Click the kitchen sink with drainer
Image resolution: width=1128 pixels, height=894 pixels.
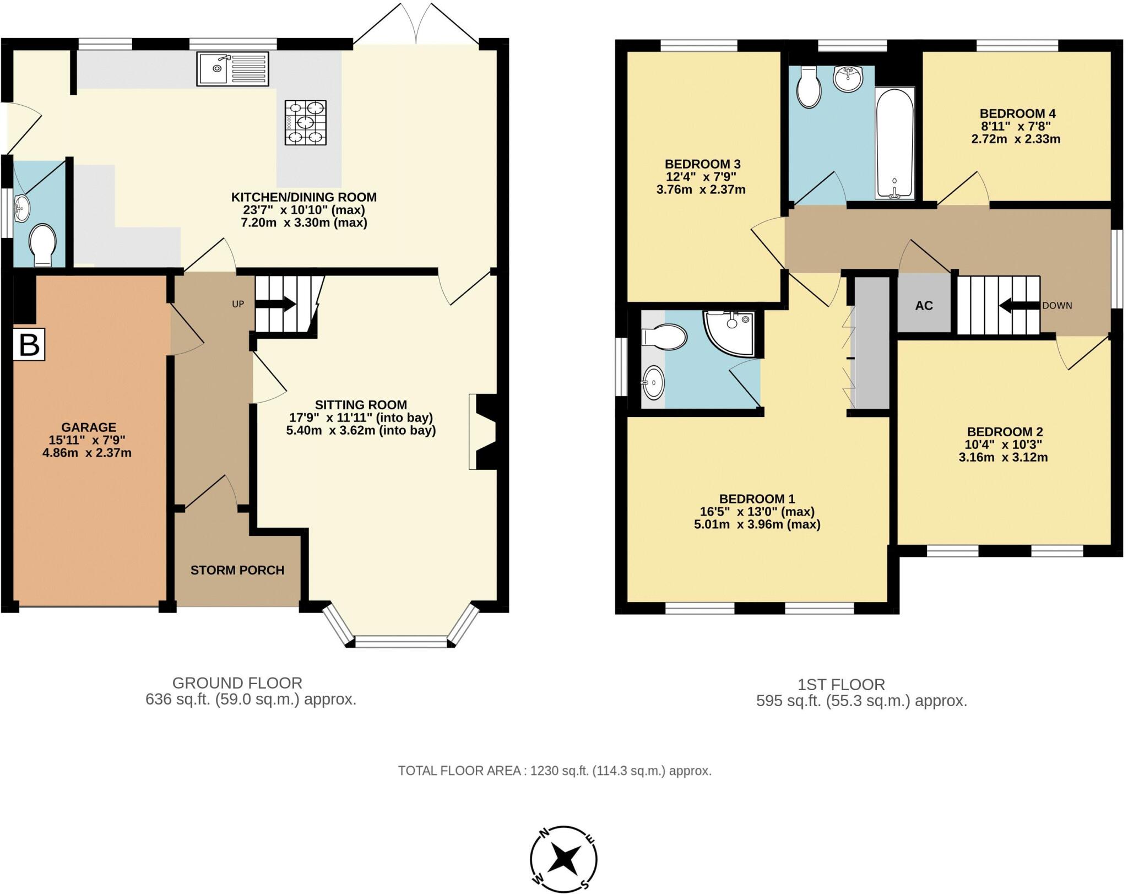click(232, 69)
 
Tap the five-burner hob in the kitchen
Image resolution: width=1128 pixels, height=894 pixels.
click(305, 122)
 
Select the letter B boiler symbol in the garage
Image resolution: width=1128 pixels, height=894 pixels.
click(29, 345)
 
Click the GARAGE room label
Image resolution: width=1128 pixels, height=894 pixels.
click(88, 427)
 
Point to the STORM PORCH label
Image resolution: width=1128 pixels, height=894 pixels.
click(237, 570)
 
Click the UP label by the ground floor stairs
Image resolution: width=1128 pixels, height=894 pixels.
click(238, 304)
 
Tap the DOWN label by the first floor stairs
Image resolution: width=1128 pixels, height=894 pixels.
click(1056, 306)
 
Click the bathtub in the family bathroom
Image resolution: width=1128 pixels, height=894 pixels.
click(894, 144)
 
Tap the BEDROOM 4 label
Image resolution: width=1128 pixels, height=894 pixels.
click(1017, 114)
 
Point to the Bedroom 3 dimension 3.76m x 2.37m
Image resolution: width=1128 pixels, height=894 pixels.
click(701, 190)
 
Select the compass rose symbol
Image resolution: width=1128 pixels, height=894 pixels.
click(563, 859)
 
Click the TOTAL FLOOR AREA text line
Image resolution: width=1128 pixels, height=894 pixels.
click(555, 771)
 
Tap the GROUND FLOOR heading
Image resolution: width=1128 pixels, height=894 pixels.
click(237, 683)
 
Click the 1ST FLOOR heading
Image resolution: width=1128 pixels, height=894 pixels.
click(841, 685)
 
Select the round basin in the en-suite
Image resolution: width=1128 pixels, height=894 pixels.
click(654, 382)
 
